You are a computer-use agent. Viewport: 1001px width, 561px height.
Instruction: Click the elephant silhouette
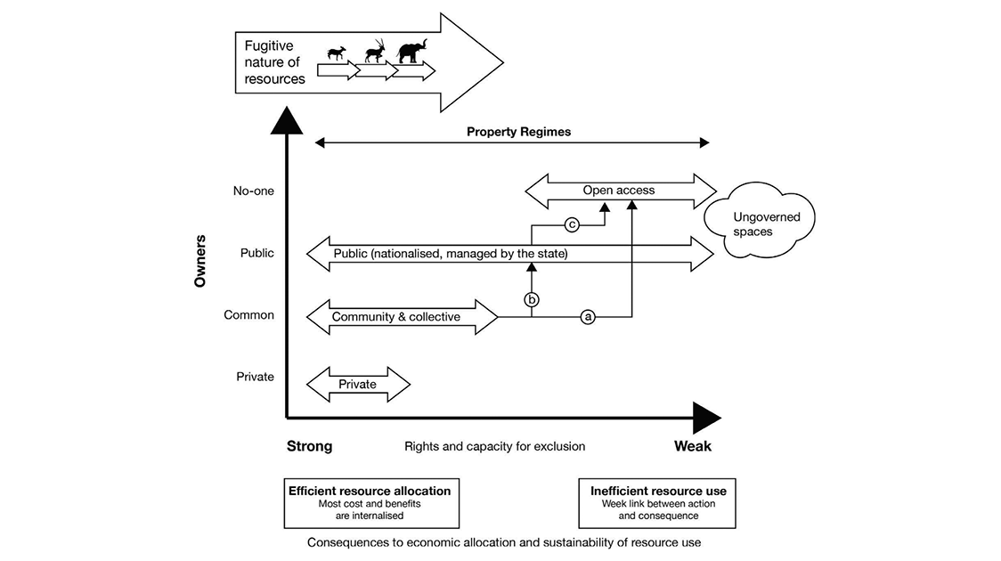click(x=411, y=52)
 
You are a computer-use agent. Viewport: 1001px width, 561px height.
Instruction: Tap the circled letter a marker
click(x=587, y=315)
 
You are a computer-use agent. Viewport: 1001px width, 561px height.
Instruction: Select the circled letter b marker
click(x=532, y=299)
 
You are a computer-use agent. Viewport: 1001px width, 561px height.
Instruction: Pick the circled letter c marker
click(x=573, y=224)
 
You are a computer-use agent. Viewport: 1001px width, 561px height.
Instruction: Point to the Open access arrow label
click(x=619, y=190)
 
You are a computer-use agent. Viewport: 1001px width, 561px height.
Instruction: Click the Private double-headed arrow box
click(x=357, y=384)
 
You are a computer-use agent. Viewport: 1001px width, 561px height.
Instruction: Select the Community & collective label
click(x=395, y=316)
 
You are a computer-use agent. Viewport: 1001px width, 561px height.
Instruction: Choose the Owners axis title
click(x=201, y=260)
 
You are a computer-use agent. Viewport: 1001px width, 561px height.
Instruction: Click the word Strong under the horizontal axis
click(x=309, y=446)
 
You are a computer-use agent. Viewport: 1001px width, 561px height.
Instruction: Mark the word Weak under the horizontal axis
click(x=693, y=446)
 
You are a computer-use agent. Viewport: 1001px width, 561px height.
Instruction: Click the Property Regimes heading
click(x=518, y=132)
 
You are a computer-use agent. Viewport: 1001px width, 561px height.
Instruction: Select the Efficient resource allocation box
click(x=369, y=503)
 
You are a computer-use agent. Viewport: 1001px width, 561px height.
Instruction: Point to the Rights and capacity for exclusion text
click(x=494, y=446)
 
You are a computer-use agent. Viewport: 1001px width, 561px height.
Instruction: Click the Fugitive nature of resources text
click(x=275, y=62)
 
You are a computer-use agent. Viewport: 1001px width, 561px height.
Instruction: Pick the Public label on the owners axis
click(x=256, y=253)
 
